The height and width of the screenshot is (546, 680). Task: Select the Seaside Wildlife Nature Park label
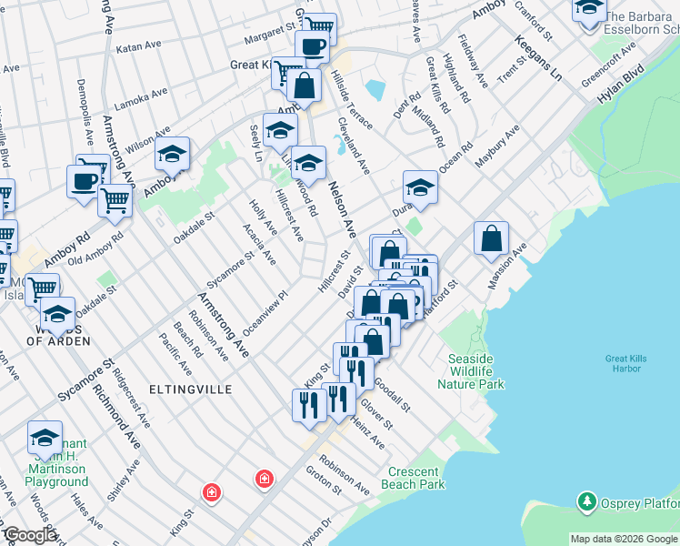[x=470, y=371]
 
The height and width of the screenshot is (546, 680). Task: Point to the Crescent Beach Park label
[x=416, y=478]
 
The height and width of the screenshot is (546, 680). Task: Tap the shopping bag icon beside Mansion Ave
[x=491, y=239]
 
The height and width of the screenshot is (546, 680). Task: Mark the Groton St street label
[x=323, y=481]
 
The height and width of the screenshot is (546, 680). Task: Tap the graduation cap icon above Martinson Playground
[x=45, y=439]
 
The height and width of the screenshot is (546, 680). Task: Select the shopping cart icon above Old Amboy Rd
[x=115, y=199]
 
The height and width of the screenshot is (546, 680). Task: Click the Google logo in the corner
[x=29, y=536]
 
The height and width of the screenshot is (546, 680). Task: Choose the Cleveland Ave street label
[x=353, y=146]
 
